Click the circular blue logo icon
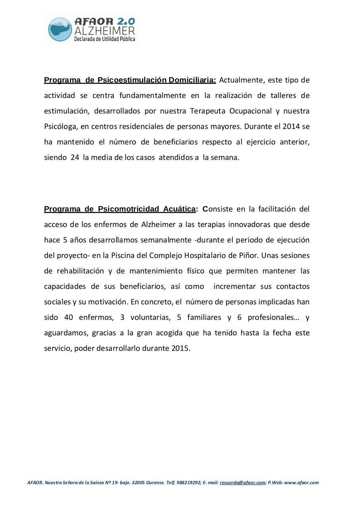point(60,29)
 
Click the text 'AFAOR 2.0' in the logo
point(104,21)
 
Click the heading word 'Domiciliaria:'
point(192,80)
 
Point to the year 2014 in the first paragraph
point(292,127)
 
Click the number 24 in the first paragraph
point(75,157)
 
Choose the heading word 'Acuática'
point(179,209)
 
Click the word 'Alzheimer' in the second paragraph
point(158,225)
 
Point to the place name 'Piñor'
point(248,256)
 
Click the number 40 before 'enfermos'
point(68,317)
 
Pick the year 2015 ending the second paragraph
point(181,348)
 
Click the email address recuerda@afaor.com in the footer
point(242,483)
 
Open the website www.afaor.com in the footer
point(301,483)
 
